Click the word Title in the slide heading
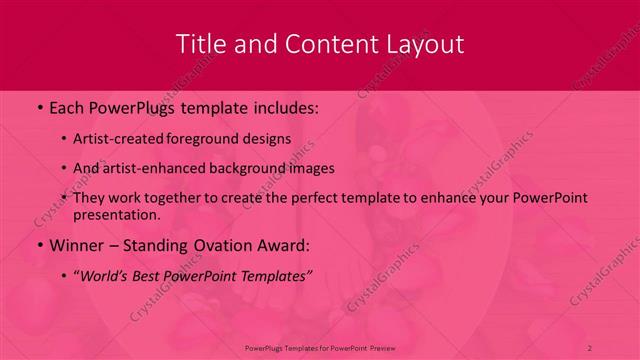201,44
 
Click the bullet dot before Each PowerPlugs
39,107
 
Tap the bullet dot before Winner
39,245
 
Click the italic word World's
105,275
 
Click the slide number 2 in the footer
590,347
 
